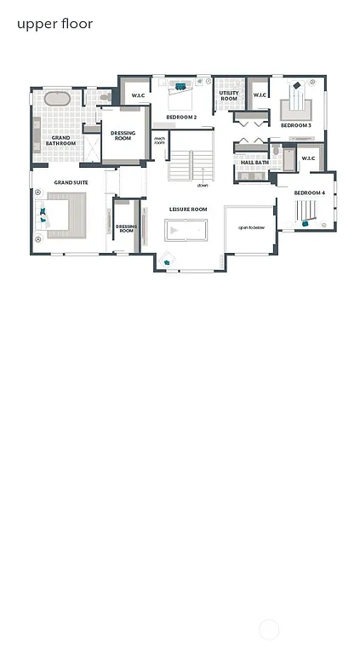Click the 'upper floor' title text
click(54, 24)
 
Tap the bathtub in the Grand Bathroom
click(57, 99)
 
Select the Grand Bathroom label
click(60, 140)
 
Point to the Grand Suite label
click(71, 182)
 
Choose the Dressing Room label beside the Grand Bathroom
click(123, 135)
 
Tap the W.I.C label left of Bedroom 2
click(137, 95)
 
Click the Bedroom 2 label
click(181, 117)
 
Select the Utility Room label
click(228, 96)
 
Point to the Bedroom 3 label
click(296, 125)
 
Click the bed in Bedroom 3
click(296, 104)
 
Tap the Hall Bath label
click(254, 162)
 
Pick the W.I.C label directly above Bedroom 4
click(308, 158)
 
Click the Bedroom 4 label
click(310, 193)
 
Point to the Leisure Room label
click(188, 209)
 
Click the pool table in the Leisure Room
click(186, 231)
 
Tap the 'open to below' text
click(251, 228)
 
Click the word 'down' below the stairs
click(203, 185)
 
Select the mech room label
click(159, 141)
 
